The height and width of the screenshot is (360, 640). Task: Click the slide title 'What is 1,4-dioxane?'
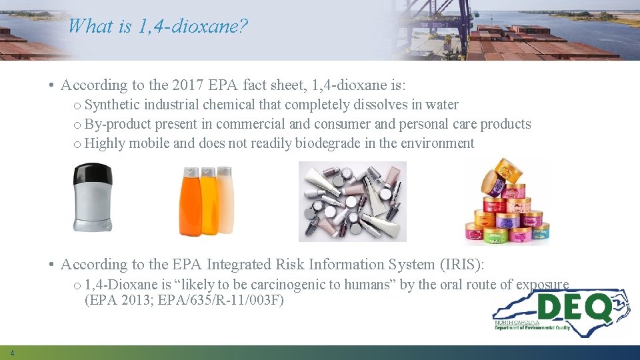158,26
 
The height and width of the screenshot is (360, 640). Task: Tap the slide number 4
12,353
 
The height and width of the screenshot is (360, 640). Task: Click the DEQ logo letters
573,307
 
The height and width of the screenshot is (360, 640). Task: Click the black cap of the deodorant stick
93,174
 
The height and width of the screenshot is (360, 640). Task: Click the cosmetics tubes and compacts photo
352,201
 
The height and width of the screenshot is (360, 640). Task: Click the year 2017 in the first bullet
187,85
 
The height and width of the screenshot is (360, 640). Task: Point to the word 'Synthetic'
113,105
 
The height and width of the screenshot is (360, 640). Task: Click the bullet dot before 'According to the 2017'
51,85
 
